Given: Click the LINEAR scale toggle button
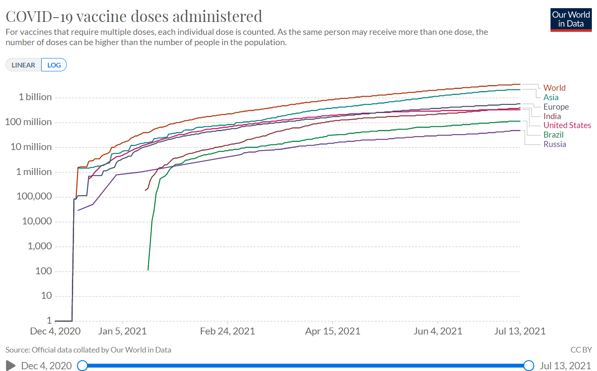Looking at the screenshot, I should (24, 65).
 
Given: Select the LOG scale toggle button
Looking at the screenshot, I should (54, 65).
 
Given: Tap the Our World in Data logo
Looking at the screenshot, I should (570, 19).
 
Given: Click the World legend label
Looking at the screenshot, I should (554, 88).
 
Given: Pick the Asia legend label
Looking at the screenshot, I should (551, 97).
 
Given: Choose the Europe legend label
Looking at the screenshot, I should (556, 107).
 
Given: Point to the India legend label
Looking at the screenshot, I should (552, 116).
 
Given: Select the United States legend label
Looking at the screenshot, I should (567, 125).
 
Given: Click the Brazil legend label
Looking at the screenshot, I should (554, 135).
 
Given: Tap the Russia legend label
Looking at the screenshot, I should (555, 144).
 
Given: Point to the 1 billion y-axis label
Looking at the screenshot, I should (35, 97).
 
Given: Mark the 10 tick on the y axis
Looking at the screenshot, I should (46, 296).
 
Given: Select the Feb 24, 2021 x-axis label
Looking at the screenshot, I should (228, 331).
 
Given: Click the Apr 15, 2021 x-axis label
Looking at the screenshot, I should (333, 331).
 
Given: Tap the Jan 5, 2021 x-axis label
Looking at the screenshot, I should (123, 331).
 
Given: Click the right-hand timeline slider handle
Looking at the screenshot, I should (529, 365).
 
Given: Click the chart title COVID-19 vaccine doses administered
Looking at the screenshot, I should (133, 16).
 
